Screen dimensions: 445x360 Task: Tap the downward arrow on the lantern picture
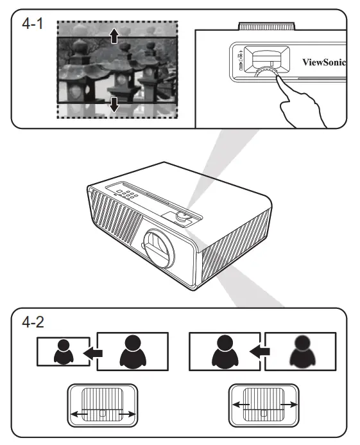(114, 103)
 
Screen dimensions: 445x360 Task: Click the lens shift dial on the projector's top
(182, 218)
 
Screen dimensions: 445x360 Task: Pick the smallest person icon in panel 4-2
(64, 351)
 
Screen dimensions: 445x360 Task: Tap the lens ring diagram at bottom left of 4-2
(103, 405)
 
